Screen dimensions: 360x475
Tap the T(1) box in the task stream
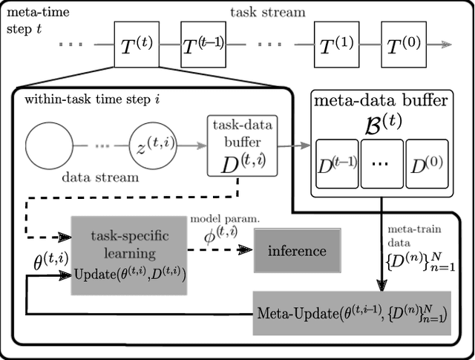click(336, 44)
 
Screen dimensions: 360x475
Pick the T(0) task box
click(403, 44)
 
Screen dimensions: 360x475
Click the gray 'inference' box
click(297, 251)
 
